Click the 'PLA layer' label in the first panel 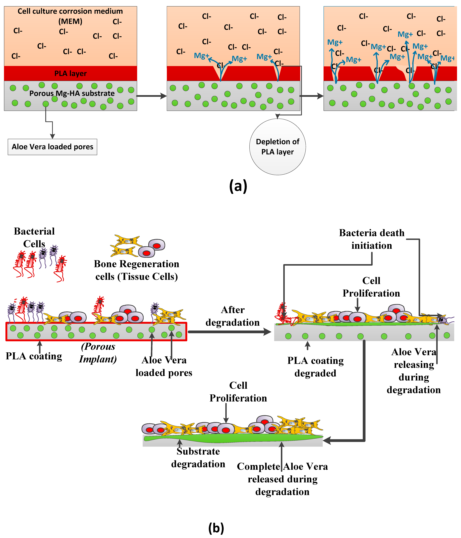click(x=70, y=73)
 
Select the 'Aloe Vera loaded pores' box click(x=52, y=147)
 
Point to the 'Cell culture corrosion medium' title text click(x=70, y=11)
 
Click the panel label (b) click(x=216, y=528)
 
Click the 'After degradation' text click(x=233, y=316)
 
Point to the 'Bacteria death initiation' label click(x=372, y=239)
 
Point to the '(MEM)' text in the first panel click(x=70, y=21)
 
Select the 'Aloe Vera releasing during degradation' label click(x=414, y=371)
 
